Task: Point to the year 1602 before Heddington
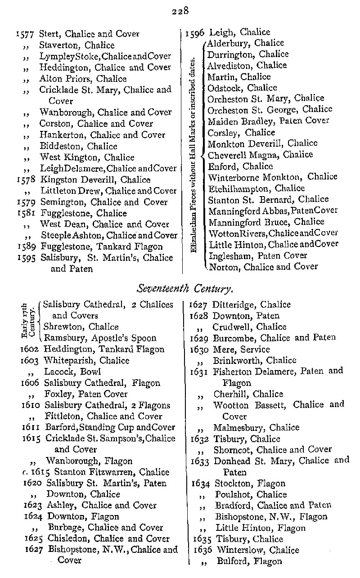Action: coord(30,349)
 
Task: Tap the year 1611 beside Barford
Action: coord(31,427)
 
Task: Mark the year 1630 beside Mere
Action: coord(200,349)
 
